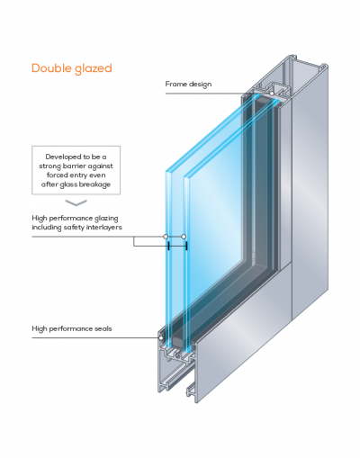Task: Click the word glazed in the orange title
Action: coord(94,69)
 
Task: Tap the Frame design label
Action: coord(188,85)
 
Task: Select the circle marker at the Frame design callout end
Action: coord(272,94)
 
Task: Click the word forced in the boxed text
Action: coord(58,175)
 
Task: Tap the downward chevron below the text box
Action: coord(76,202)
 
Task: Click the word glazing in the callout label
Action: coord(106,219)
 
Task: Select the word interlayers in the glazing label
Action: coord(104,228)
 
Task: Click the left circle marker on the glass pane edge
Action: coord(166,237)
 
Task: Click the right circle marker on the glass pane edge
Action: coord(184,237)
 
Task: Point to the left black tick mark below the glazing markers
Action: coord(169,247)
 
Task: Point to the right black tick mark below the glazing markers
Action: coord(186,247)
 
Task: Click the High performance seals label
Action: coord(72,329)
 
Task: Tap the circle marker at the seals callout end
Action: coord(161,338)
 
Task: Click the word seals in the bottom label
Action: coord(103,328)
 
